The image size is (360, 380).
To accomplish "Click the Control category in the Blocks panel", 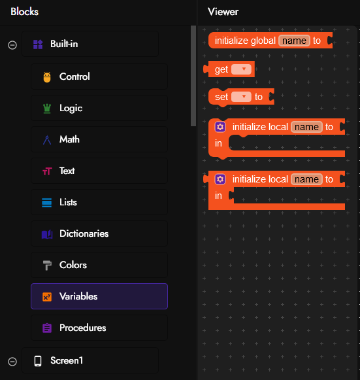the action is tap(99, 77).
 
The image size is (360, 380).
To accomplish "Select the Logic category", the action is tap(99, 108).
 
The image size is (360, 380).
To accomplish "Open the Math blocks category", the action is tap(99, 139).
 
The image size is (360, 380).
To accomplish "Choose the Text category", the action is tap(99, 171).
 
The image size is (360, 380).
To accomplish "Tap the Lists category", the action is tap(99, 202).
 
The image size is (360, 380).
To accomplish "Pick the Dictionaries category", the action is tap(99, 233).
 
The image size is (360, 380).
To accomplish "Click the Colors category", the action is tap(99, 265).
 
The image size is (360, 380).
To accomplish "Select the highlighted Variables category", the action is tap(99, 296).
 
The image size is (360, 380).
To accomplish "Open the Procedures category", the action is tap(99, 328).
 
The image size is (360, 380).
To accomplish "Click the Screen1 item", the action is tap(90, 360).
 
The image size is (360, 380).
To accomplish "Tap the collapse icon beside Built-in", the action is tap(12, 45).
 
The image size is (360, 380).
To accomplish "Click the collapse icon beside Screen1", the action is tap(12, 362).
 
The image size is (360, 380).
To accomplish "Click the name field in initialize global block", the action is tap(294, 41).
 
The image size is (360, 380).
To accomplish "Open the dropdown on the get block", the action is tap(241, 69).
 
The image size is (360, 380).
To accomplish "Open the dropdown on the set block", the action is tap(241, 97).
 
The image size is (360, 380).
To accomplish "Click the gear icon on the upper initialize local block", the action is tap(220, 127).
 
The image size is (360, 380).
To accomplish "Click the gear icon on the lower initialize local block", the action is tap(220, 179).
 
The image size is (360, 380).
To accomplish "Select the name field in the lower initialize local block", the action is tap(306, 179).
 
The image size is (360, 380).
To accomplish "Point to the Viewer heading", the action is tap(223, 12).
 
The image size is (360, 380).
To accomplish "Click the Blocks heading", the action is tap(24, 12).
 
